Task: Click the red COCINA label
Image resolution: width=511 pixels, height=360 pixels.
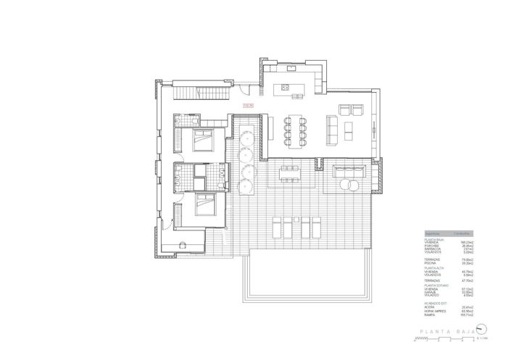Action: [248, 106]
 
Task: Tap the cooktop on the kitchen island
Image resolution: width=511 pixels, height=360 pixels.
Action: [286, 88]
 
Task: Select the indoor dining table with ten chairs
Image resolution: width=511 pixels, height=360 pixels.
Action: [294, 128]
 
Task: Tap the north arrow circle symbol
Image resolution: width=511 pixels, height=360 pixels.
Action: [481, 332]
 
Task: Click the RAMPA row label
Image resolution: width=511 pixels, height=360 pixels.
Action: [431, 315]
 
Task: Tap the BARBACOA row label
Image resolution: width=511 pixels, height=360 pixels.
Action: [432, 248]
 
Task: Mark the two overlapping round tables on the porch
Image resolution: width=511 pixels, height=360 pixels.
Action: [349, 185]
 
